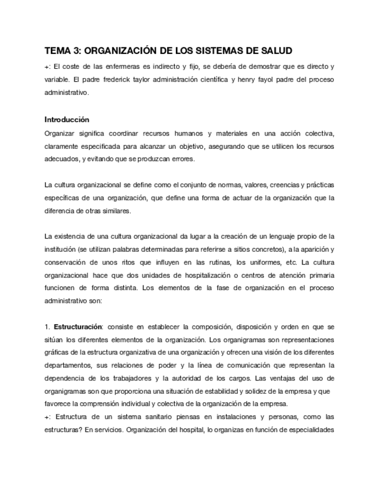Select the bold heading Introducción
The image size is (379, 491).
coord(67,120)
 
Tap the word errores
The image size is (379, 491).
coord(183,159)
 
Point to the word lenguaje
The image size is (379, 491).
coord(279,236)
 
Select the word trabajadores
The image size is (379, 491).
coord(128,378)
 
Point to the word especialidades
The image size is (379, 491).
coord(308,430)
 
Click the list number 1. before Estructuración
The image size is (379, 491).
coord(47,327)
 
